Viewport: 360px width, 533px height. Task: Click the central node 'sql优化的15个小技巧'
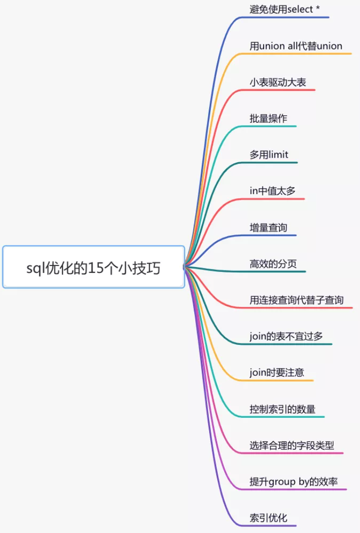tap(93, 267)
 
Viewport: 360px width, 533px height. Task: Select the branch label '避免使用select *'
tap(285, 9)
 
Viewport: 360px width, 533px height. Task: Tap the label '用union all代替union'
tap(296, 46)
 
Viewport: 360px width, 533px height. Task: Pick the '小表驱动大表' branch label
tap(278, 82)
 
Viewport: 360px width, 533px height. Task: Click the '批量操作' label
tap(268, 119)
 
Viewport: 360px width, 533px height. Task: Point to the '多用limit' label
tap(269, 155)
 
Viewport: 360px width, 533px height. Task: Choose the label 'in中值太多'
tap(273, 191)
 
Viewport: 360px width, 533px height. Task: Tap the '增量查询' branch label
tap(268, 228)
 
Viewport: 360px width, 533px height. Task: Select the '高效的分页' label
tap(273, 264)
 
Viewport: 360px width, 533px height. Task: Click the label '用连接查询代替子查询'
tap(297, 300)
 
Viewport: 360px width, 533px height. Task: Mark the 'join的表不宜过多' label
tap(286, 336)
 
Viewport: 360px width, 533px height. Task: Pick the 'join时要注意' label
tap(277, 373)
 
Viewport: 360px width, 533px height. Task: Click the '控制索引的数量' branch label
tap(282, 409)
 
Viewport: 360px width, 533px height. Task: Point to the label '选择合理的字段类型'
tap(292, 446)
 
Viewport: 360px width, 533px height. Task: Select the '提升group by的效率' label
tap(294, 482)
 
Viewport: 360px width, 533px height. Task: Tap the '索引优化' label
tap(268, 518)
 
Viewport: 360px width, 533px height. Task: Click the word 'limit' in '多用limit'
tap(279, 155)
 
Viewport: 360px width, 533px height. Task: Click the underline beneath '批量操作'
tap(272, 126)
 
